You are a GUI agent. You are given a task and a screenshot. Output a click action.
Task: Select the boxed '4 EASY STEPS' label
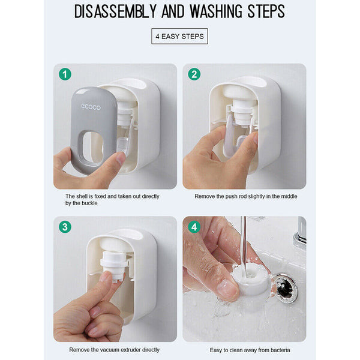click(179, 36)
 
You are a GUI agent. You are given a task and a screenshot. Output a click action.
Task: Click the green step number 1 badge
click(65, 74)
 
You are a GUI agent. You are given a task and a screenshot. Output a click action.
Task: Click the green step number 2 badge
click(194, 74)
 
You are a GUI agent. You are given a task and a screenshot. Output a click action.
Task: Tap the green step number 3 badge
click(65, 227)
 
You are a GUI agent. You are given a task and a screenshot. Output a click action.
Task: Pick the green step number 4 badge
click(194, 227)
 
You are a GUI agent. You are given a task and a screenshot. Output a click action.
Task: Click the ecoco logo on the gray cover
click(91, 107)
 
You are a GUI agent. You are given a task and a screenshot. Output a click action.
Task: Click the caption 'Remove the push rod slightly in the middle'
click(245, 196)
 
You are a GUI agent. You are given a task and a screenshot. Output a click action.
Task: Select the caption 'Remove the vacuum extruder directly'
click(114, 349)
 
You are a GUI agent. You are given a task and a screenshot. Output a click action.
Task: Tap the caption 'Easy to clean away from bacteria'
click(245, 349)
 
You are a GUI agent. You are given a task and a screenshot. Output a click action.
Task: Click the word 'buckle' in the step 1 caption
click(90, 203)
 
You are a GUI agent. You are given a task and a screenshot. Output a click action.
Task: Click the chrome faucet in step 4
click(299, 234)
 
